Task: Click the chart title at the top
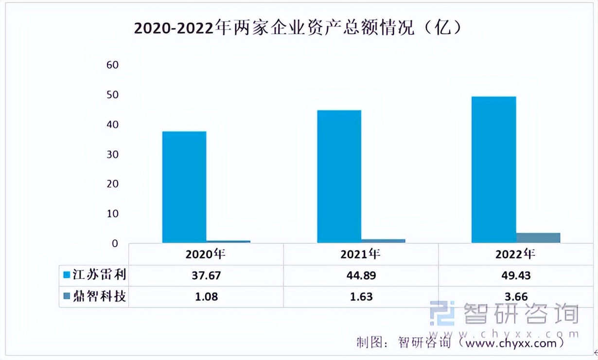tap(298, 28)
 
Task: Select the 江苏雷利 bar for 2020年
tap(184, 187)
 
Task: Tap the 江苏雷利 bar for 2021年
tap(339, 177)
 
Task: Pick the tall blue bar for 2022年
tap(493, 170)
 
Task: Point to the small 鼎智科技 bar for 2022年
tap(538, 237)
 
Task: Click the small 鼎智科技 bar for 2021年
tap(383, 240)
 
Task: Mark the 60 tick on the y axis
tap(112, 65)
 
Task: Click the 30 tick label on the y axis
tap(112, 155)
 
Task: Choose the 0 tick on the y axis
tap(115, 244)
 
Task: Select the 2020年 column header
tap(206, 254)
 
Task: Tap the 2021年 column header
tap(360, 254)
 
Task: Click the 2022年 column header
tap(515, 254)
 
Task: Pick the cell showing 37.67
tap(206, 275)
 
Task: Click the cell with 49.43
tap(515, 275)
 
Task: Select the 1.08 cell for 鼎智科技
tap(206, 296)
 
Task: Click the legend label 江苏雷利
tap(99, 275)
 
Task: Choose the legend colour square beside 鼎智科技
tap(67, 296)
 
